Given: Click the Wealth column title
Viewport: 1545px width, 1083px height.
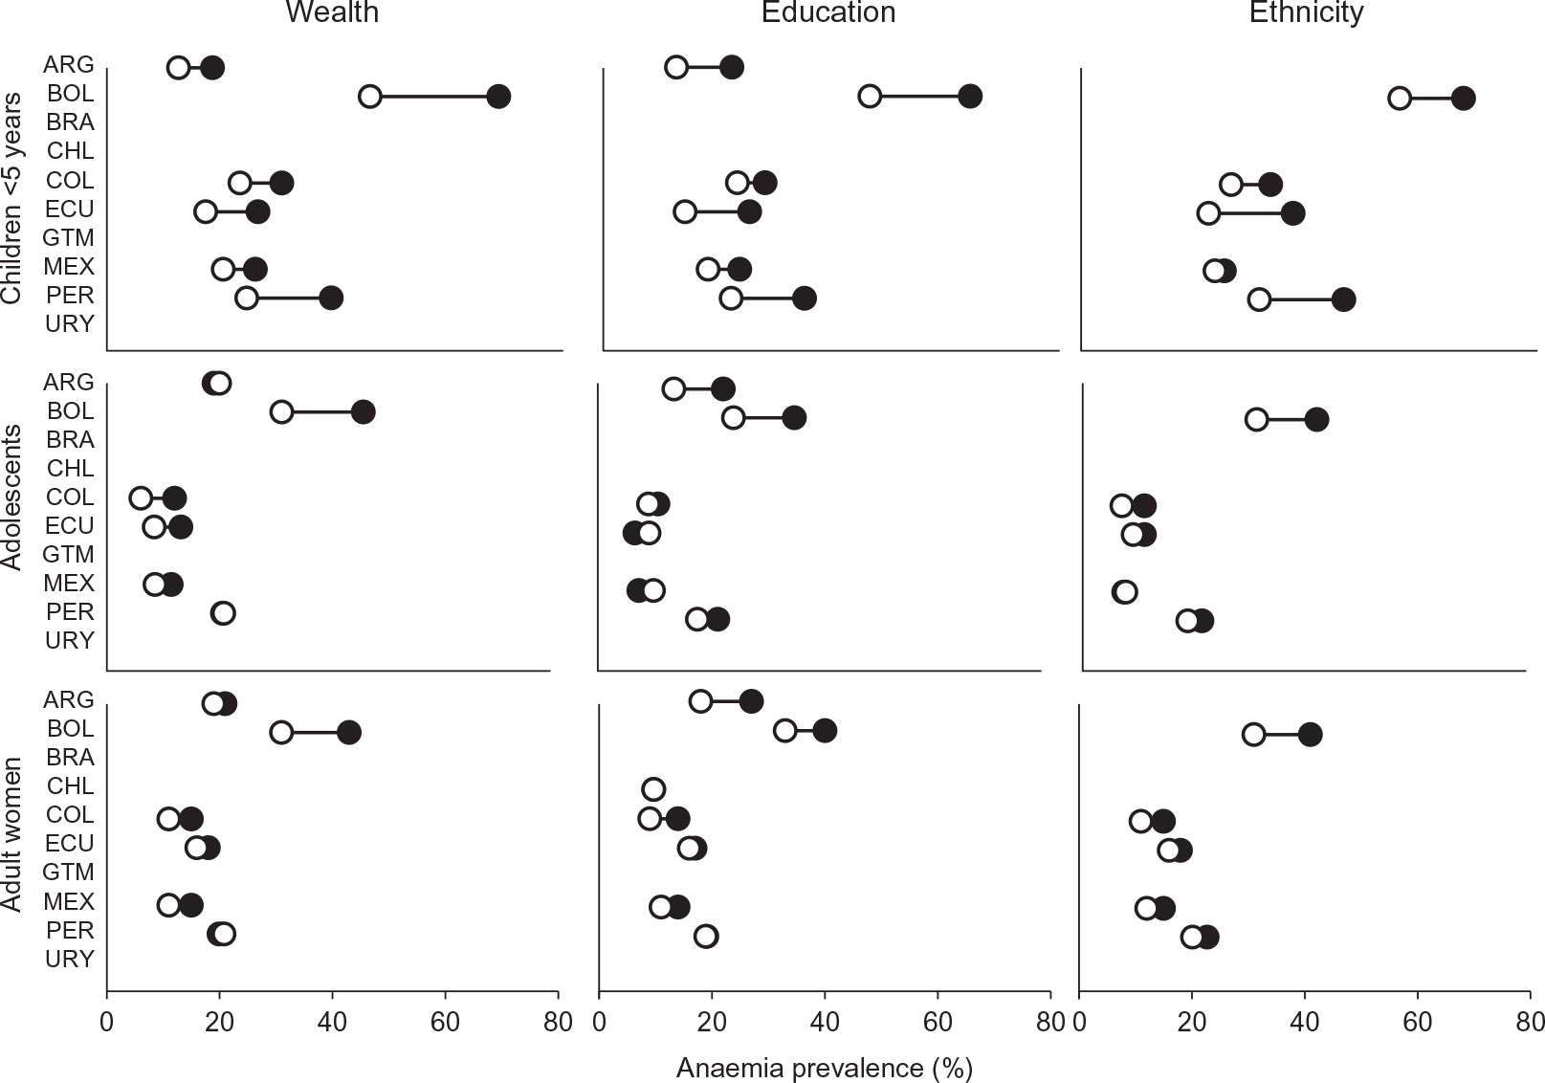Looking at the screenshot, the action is coord(332,11).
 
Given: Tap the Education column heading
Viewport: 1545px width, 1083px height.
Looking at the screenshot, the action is coord(828,11).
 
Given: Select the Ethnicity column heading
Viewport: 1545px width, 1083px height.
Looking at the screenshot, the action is coord(1307,13).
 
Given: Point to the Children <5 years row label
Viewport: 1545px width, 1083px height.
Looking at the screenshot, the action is coord(11,199).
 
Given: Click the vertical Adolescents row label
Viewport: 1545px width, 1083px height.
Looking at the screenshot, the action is coord(11,497).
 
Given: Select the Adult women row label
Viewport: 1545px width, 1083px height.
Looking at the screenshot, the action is coord(11,834).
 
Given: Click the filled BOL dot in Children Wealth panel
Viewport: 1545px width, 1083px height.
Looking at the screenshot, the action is coord(498,97).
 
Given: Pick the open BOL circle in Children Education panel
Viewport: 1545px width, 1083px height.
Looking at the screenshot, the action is coord(870,97).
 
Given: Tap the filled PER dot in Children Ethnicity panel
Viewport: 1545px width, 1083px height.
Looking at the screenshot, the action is coord(1343,300).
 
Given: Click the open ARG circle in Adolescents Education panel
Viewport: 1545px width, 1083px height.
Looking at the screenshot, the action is coord(673,389).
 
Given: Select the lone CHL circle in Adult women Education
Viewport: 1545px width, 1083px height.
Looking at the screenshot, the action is coord(653,788).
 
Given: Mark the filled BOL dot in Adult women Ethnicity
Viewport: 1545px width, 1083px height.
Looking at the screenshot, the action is coord(1310,735).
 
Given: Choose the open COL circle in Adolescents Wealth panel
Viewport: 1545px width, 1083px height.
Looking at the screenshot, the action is coord(141,498).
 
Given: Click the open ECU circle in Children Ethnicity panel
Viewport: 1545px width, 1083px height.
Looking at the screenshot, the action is coord(1207,213).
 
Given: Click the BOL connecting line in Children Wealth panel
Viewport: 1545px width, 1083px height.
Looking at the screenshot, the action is coord(433,97).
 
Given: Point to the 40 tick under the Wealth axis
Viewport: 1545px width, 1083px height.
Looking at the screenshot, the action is coord(333,1022).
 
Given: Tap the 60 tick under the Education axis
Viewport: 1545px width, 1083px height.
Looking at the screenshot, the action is coord(938,1022).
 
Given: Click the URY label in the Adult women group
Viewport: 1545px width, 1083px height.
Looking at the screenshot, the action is coord(69,959).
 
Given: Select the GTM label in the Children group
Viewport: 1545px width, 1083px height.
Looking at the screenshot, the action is coord(68,237).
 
